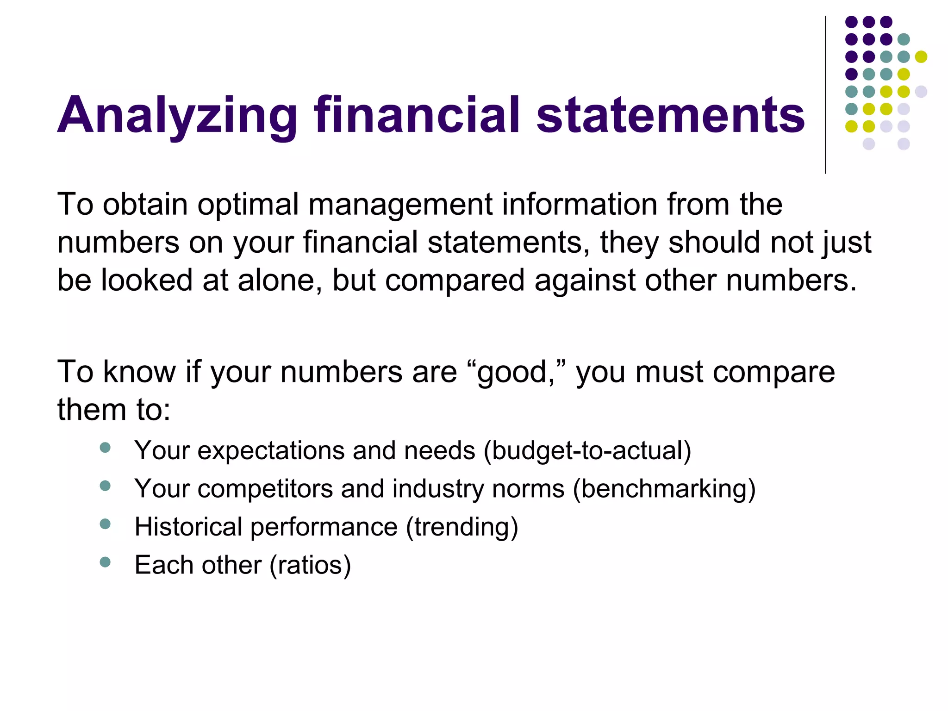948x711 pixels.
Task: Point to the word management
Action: [x=400, y=205]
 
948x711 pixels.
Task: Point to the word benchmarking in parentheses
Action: [x=664, y=489]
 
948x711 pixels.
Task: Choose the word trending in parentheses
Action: [x=462, y=527]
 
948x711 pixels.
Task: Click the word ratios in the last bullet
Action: [x=310, y=565]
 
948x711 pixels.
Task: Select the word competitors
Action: [x=265, y=489]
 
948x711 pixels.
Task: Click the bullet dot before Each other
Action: [x=106, y=562]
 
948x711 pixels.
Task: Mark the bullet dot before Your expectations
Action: [x=106, y=447]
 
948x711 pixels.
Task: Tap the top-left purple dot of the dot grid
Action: [x=851, y=22]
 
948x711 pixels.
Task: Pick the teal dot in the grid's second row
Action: [x=904, y=39]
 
